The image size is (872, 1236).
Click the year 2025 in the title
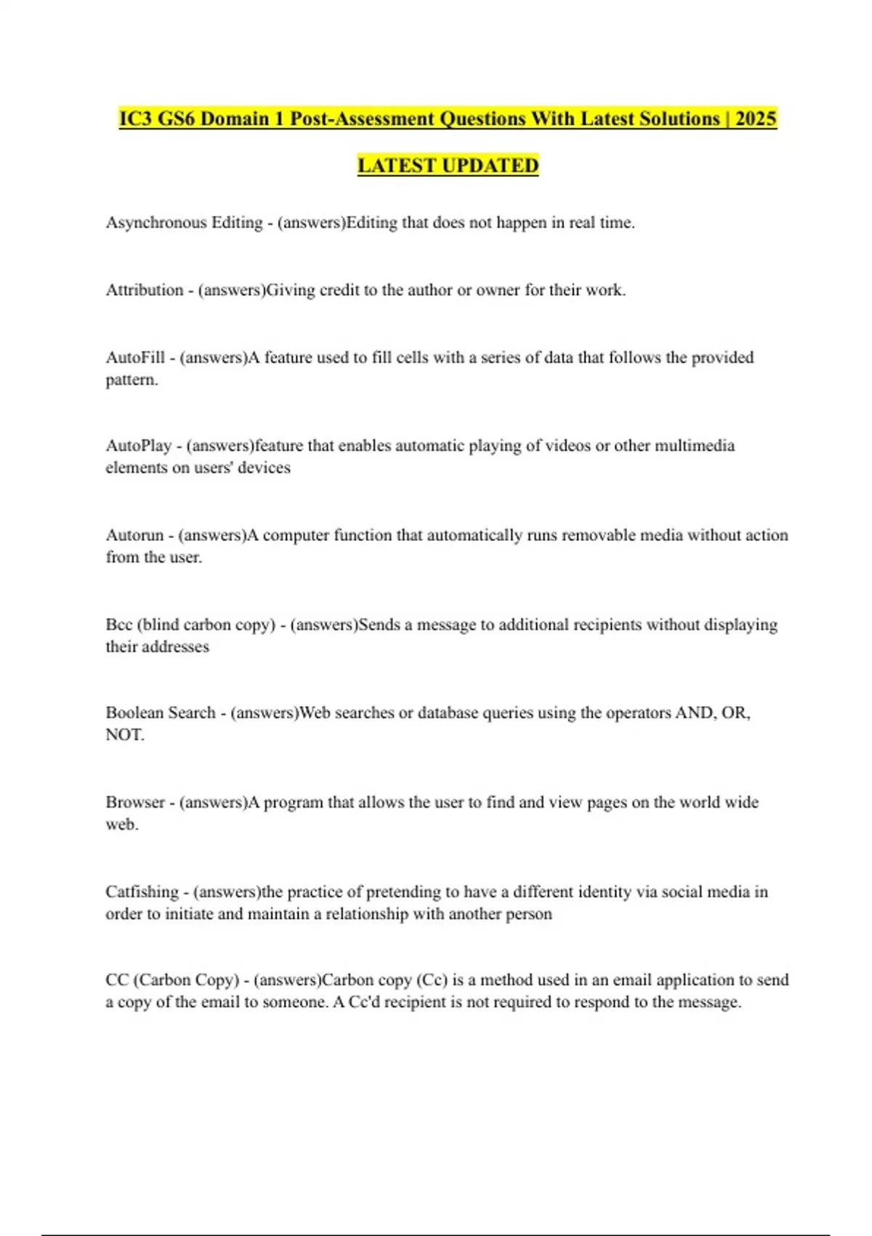click(756, 119)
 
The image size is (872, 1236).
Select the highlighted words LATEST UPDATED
click(448, 166)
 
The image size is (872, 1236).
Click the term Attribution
click(145, 290)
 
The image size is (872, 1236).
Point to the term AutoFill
click(135, 358)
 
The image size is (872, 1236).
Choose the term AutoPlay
click(138, 446)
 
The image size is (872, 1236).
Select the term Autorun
click(134, 535)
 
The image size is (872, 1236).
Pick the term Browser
click(135, 802)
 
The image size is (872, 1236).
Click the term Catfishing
click(142, 891)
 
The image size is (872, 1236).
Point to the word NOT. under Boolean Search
click(124, 735)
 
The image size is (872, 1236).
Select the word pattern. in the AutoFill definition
click(132, 380)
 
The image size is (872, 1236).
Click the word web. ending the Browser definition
click(121, 824)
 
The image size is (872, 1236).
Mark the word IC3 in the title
click(136, 119)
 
